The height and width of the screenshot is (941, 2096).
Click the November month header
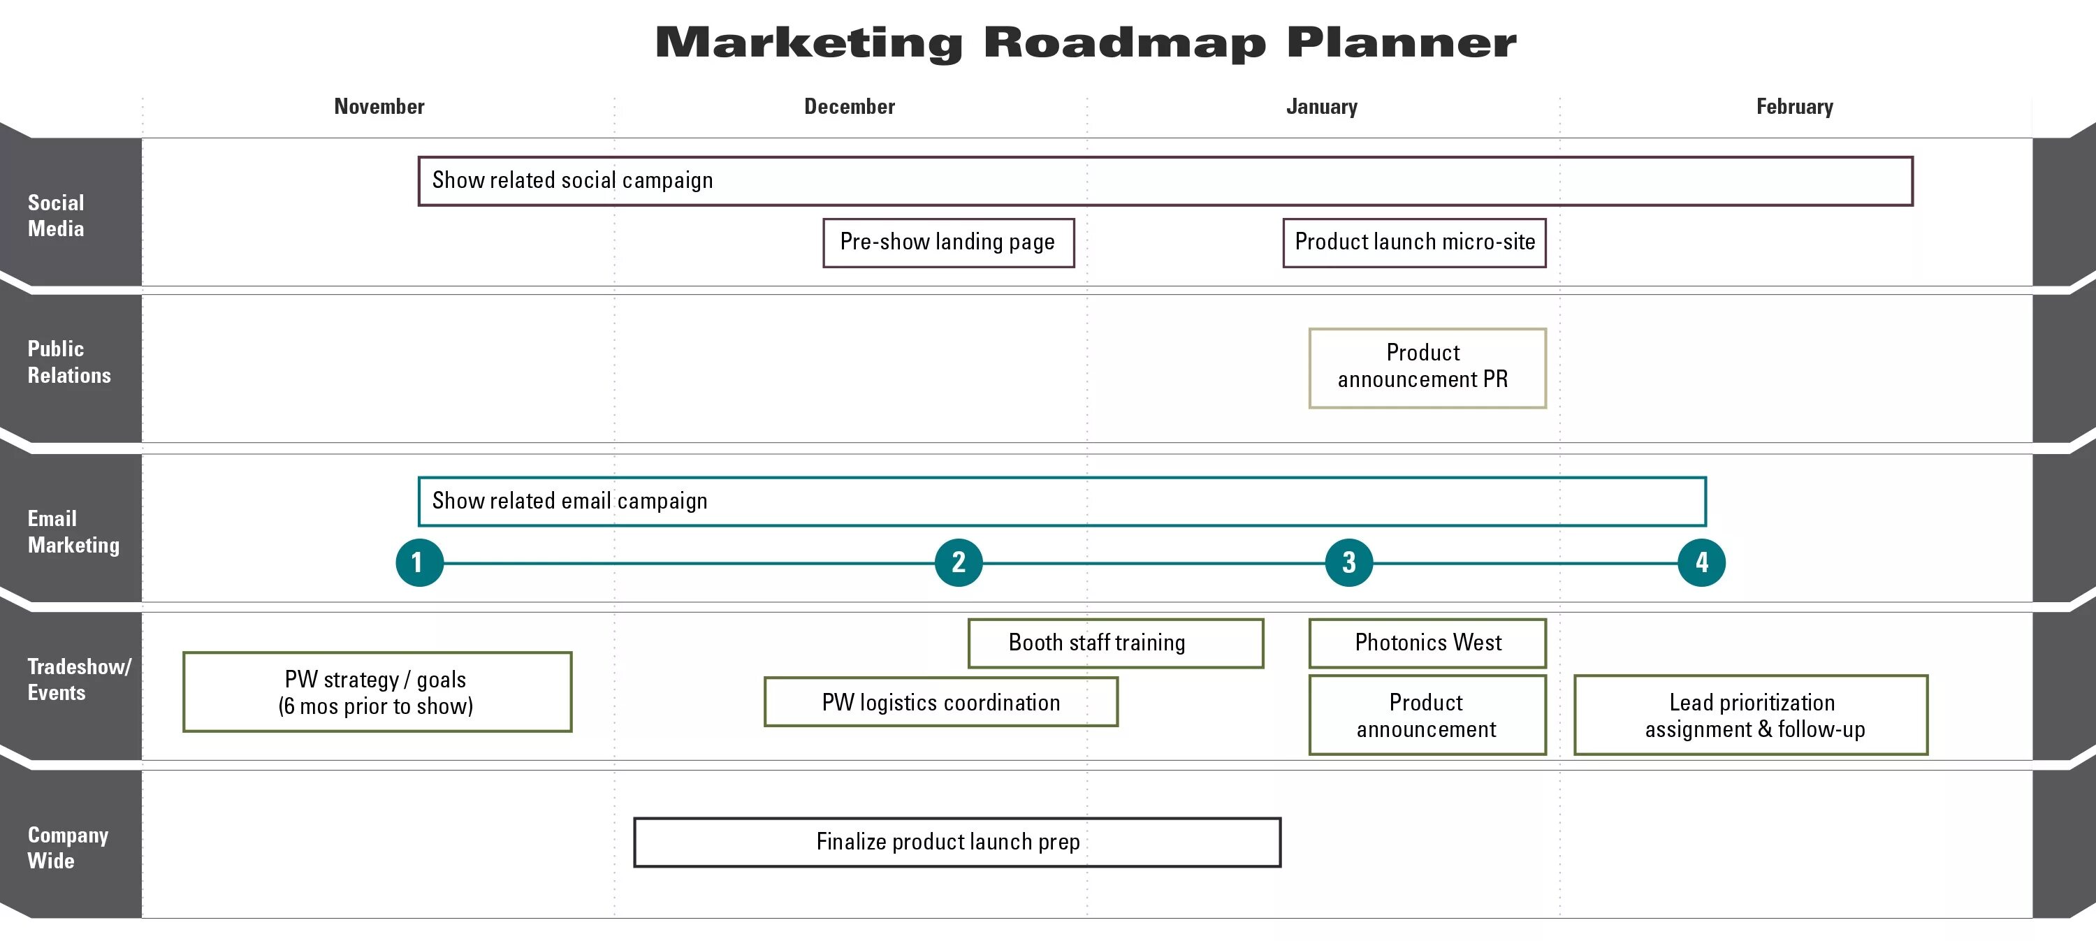pyautogui.click(x=379, y=107)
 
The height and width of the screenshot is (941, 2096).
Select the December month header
pyautogui.click(x=850, y=107)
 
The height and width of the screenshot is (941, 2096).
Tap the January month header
pyautogui.click(x=1321, y=107)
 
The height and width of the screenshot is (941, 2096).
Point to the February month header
pyautogui.click(x=1794, y=107)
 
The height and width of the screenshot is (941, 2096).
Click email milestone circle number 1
pyautogui.click(x=419, y=562)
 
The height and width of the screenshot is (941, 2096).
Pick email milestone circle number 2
pyautogui.click(x=959, y=562)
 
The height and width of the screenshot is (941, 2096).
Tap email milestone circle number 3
pyautogui.click(x=1348, y=562)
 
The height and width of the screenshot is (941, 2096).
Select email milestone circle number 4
pyautogui.click(x=1701, y=562)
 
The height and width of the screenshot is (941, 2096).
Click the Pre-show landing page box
pyautogui.click(x=948, y=242)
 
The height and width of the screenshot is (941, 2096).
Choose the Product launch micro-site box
pyautogui.click(x=1414, y=242)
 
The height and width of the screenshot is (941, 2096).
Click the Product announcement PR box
pyautogui.click(x=1427, y=367)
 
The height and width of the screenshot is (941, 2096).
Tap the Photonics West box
pyautogui.click(x=1427, y=643)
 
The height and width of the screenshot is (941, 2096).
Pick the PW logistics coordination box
pyautogui.click(x=940, y=702)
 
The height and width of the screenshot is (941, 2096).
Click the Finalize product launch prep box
pyautogui.click(x=957, y=842)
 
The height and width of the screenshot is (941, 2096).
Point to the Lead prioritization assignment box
pyautogui.click(x=1750, y=715)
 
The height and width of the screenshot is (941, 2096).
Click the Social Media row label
pyautogui.click(x=56, y=216)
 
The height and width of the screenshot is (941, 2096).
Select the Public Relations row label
pyautogui.click(x=69, y=362)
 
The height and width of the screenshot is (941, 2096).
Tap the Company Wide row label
pyautogui.click(x=68, y=847)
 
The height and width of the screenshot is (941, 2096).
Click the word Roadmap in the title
pyautogui.click(x=1124, y=43)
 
